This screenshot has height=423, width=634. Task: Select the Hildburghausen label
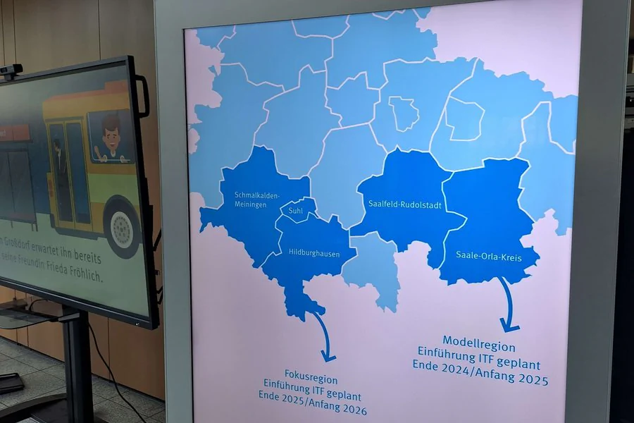[x=313, y=252]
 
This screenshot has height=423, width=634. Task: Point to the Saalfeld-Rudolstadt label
[x=404, y=204]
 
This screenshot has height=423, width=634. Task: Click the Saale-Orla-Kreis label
[x=488, y=257]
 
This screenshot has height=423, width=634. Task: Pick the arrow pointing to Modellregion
[x=507, y=305]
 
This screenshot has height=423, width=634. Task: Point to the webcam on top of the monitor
[x=11, y=70]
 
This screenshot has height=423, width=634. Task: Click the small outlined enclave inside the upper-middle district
[x=403, y=113]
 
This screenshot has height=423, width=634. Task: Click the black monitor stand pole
[x=76, y=367]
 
